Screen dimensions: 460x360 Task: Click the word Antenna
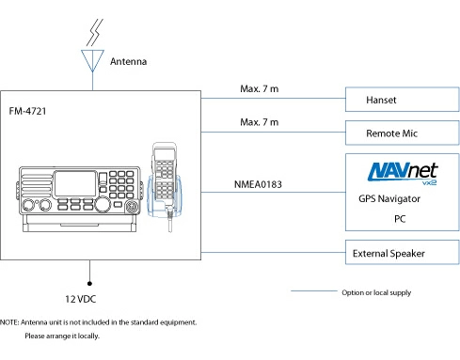point(128,61)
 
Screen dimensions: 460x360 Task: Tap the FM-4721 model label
point(27,111)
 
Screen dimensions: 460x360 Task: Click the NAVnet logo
point(403,173)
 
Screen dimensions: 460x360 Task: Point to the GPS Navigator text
point(389,198)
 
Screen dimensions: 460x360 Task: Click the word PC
point(400,219)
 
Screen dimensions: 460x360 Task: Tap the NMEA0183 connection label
point(258,184)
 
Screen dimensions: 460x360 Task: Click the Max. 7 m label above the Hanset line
point(260,89)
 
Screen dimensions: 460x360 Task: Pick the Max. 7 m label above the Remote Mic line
point(260,122)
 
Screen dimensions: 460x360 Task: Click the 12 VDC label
point(81,299)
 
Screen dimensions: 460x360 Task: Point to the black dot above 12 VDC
point(89,284)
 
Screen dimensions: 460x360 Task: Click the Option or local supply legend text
point(376,292)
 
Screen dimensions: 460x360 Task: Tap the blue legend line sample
point(314,291)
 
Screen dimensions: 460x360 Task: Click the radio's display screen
point(75,183)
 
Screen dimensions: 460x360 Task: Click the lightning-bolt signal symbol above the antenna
point(95,32)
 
